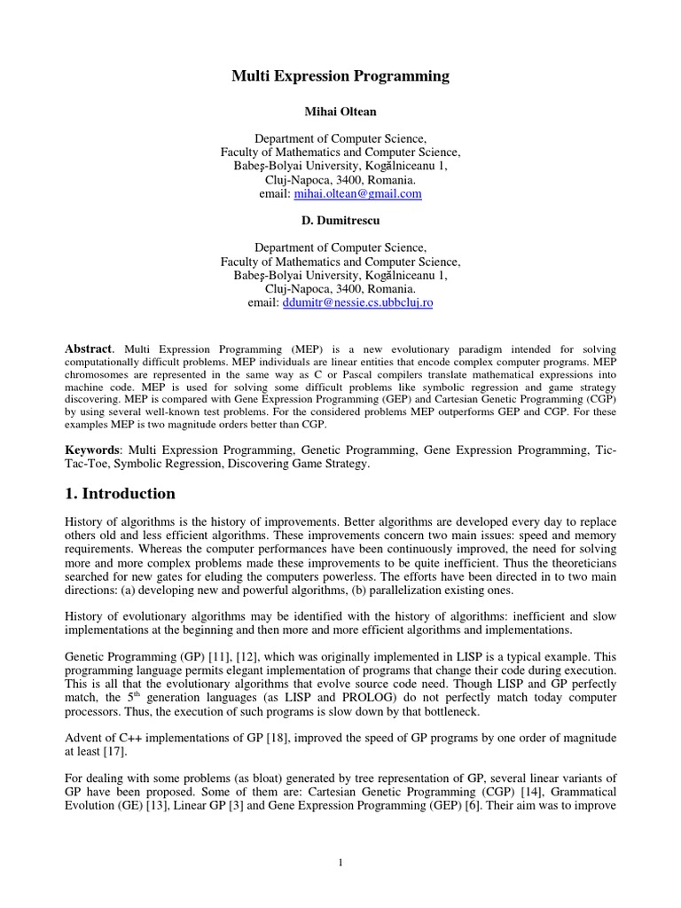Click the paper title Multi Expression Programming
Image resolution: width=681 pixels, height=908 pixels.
pyautogui.click(x=340, y=77)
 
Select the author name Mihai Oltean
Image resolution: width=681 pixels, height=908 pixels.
pyautogui.click(x=340, y=113)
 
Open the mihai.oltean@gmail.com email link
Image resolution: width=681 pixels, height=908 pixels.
pyautogui.click(x=353, y=193)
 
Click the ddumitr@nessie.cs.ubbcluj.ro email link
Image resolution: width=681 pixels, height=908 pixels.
pyautogui.click(x=357, y=302)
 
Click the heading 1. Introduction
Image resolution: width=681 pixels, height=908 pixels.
pyautogui.click(x=121, y=494)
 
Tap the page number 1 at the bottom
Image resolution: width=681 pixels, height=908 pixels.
pyautogui.click(x=340, y=865)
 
